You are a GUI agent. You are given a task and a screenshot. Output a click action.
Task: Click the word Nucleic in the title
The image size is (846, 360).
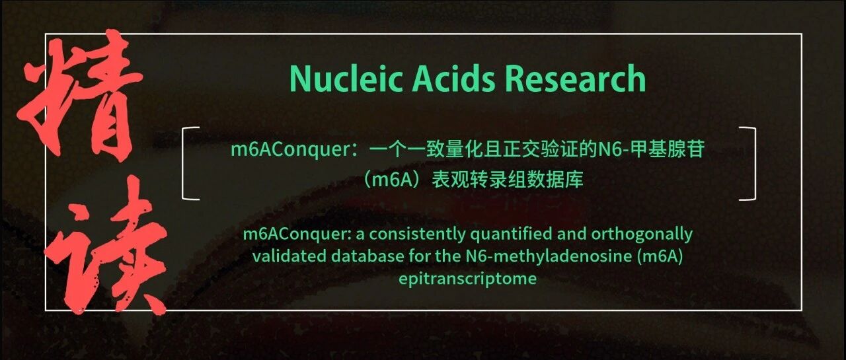(346, 79)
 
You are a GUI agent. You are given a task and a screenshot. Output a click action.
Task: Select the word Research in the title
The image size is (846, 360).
(576, 78)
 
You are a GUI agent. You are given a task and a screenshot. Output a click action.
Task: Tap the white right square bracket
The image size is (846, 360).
(748, 163)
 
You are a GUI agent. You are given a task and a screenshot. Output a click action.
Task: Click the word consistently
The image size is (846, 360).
(417, 234)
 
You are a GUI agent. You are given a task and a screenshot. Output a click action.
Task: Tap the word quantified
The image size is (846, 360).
(511, 234)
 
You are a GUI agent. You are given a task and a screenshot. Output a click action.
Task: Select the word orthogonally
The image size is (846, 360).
(642, 234)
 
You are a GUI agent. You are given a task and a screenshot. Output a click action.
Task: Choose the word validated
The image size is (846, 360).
(289, 256)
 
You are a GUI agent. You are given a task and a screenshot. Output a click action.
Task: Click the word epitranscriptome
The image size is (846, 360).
(467, 279)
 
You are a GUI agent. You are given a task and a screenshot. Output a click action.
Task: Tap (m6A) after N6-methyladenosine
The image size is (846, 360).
(660, 257)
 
